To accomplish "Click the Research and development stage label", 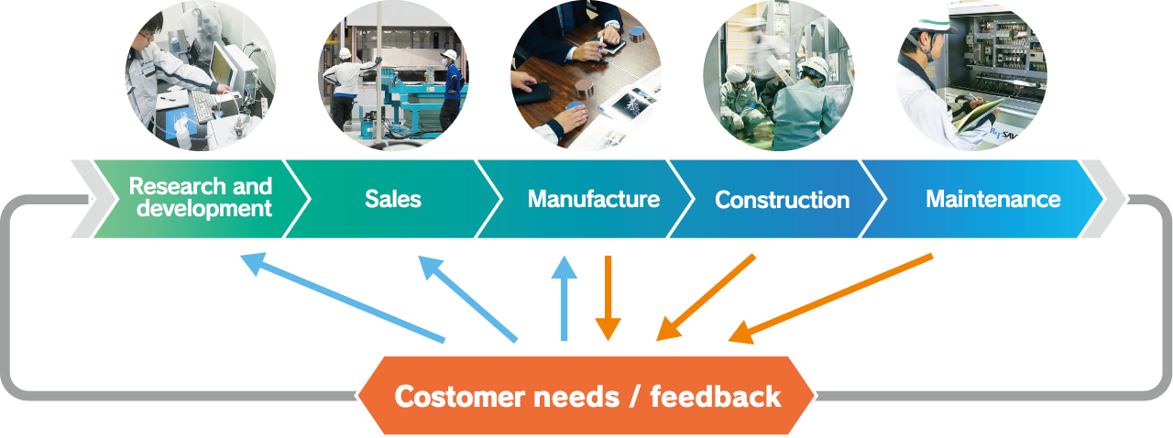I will pyautogui.click(x=200, y=198).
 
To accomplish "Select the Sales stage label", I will pyautogui.click(x=392, y=199).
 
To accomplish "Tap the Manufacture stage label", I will pyautogui.click(x=593, y=199).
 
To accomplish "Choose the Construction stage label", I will pyautogui.click(x=782, y=200).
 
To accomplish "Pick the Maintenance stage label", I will pyautogui.click(x=992, y=199).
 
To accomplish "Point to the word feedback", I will pyautogui.click(x=716, y=397).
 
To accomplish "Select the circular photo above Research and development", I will pyautogui.click(x=201, y=75).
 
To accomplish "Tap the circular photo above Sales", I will pyautogui.click(x=393, y=75).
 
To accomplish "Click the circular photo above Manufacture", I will pyautogui.click(x=586, y=75).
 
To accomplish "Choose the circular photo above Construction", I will pyautogui.click(x=779, y=75).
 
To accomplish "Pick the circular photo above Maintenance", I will pyautogui.click(x=971, y=75).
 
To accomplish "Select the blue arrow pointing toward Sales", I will pyautogui.click(x=467, y=299).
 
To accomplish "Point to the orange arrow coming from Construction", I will pyautogui.click(x=707, y=297).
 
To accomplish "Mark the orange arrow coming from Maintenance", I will pyautogui.click(x=830, y=299).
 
